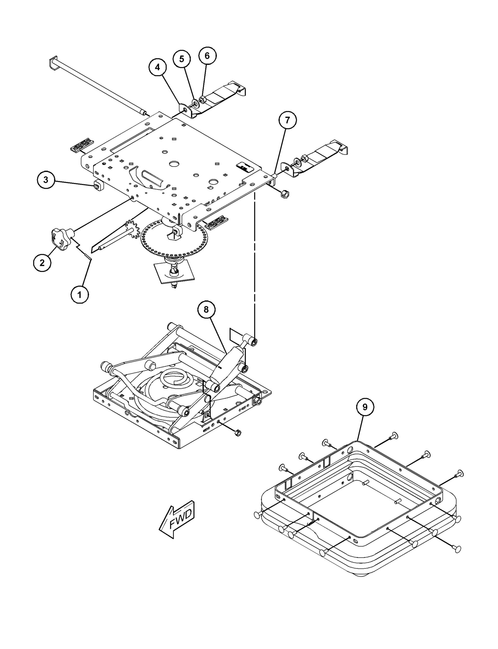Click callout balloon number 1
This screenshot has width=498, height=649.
pos(79,295)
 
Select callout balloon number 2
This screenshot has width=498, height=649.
pos(42,262)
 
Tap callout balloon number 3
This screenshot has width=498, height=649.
pos(46,180)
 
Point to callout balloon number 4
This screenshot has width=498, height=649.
pos(157,67)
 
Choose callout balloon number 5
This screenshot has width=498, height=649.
pos(182,59)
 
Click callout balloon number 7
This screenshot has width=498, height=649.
pos(287,120)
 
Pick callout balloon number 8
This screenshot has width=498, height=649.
pos(206,309)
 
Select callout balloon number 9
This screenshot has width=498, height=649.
pos(365,407)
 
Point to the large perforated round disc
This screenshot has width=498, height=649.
pos(174,239)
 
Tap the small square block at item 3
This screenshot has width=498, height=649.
pos(97,186)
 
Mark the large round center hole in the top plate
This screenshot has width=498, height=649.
pos(175,164)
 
